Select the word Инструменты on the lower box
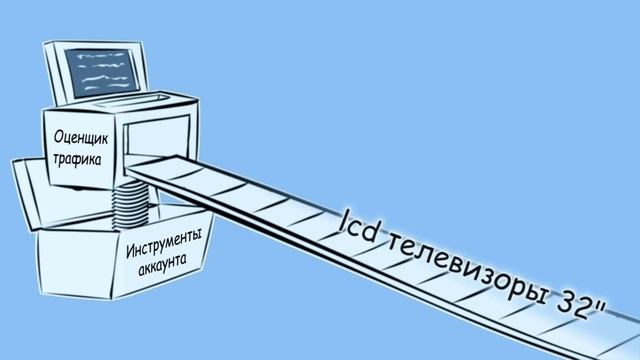point(165,244)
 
